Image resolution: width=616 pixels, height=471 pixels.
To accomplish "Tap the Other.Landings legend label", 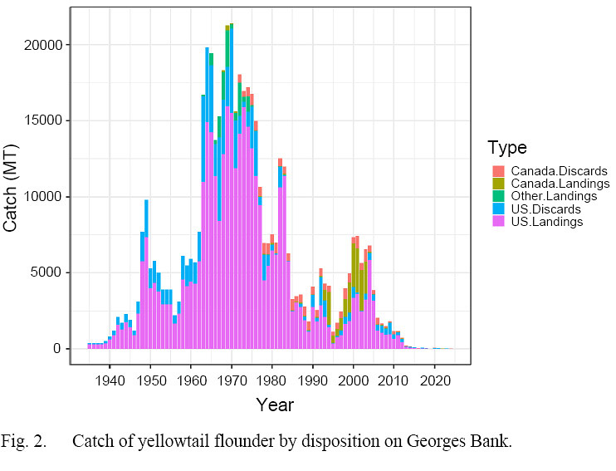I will [554, 196].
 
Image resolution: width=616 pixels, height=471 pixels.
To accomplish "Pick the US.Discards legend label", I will [545, 209].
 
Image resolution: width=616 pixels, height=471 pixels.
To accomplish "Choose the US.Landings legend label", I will [547, 222].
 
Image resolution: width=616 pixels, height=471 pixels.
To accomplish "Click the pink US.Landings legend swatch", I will [498, 222].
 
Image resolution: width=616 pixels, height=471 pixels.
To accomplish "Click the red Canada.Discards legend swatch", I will [498, 171].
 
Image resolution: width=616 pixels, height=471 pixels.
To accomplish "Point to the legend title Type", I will [507, 149].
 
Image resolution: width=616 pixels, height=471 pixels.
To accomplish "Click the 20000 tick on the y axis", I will [43, 45].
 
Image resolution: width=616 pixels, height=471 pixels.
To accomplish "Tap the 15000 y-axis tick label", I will [43, 120].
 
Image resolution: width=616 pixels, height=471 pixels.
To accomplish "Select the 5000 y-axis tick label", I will [46, 272].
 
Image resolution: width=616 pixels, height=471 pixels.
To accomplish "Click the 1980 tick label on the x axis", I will [272, 381].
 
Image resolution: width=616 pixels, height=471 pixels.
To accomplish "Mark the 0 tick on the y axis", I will [56, 349].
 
